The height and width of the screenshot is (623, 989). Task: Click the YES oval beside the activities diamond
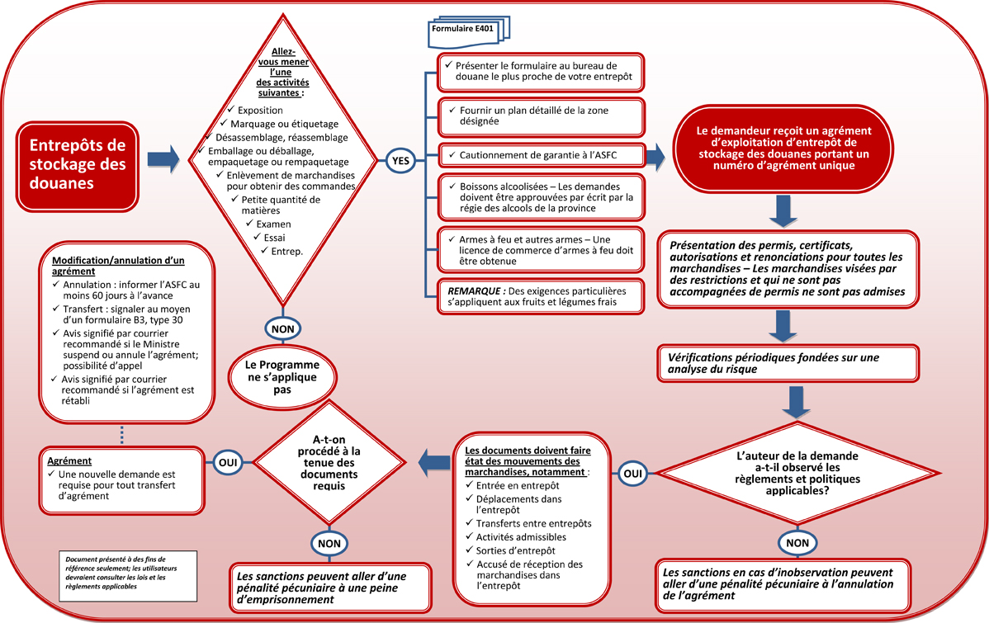click(400, 161)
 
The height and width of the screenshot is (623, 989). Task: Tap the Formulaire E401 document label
click(466, 27)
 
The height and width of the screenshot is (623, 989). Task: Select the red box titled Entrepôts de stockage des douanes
click(78, 163)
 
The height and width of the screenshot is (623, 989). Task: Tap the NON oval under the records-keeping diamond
click(329, 542)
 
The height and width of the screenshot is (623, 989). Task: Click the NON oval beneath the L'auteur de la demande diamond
click(797, 542)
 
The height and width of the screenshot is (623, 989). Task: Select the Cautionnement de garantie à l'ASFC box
click(540, 154)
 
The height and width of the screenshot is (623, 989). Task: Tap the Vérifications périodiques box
click(788, 364)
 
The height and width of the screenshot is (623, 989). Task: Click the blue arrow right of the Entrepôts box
click(163, 160)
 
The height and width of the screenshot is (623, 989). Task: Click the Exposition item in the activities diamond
click(259, 111)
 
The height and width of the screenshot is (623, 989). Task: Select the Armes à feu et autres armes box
click(540, 248)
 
